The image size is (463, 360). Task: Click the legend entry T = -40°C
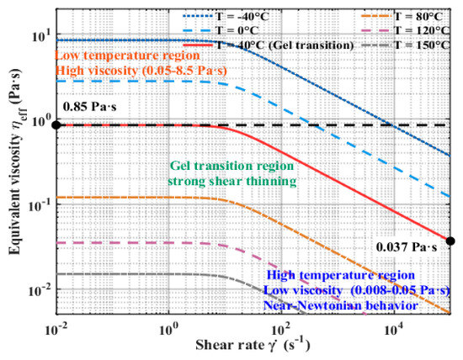tap(226, 17)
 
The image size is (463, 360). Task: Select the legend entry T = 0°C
tap(221, 30)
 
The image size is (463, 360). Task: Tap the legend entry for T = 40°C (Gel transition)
tap(269, 45)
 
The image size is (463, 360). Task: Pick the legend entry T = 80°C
tap(402, 17)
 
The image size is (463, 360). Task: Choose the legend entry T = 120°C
tap(405, 30)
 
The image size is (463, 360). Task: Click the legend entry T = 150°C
tap(405, 45)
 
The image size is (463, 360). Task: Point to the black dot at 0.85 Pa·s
tap(56, 125)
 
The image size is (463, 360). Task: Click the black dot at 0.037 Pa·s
tap(450, 241)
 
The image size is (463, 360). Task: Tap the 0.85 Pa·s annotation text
tap(90, 106)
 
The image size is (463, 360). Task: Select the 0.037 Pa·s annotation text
tap(407, 247)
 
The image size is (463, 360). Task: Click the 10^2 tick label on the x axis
tap(281, 330)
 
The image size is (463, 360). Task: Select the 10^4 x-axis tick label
tap(394, 330)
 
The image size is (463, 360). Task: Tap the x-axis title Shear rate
tap(230, 345)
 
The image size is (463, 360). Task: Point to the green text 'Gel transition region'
tap(232, 166)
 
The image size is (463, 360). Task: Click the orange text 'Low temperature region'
tap(128, 56)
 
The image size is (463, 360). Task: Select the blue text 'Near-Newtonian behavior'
tap(340, 305)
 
